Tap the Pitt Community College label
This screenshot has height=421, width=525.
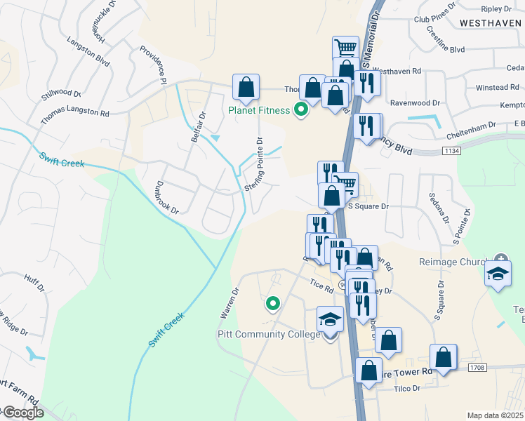tap(269, 334)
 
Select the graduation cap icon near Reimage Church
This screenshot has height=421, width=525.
tap(498, 274)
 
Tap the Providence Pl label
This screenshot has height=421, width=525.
tap(152, 65)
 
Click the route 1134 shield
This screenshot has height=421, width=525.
tap(452, 150)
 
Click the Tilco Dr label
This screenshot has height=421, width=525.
tap(406, 388)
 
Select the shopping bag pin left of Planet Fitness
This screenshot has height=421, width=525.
tap(246, 87)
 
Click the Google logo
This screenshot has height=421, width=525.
tap(22, 413)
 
